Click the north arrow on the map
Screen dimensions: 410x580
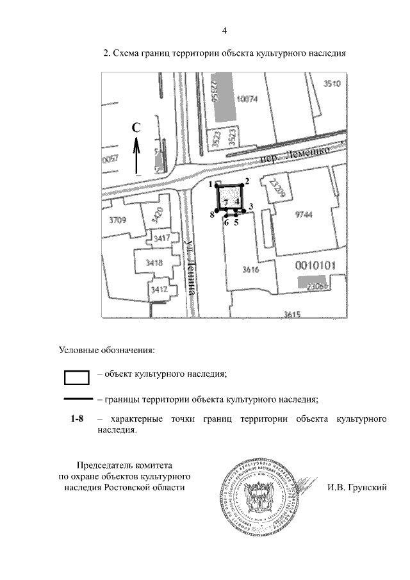coord(136,157)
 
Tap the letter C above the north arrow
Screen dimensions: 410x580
coord(136,128)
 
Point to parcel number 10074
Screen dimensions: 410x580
coord(247,99)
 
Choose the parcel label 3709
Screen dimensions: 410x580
coord(119,220)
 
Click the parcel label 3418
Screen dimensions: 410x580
coord(154,262)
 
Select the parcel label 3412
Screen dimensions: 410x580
coord(158,290)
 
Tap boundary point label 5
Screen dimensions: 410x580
coord(236,222)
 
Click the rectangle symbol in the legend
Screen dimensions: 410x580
coord(76,376)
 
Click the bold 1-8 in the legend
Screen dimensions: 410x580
coord(77,418)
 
